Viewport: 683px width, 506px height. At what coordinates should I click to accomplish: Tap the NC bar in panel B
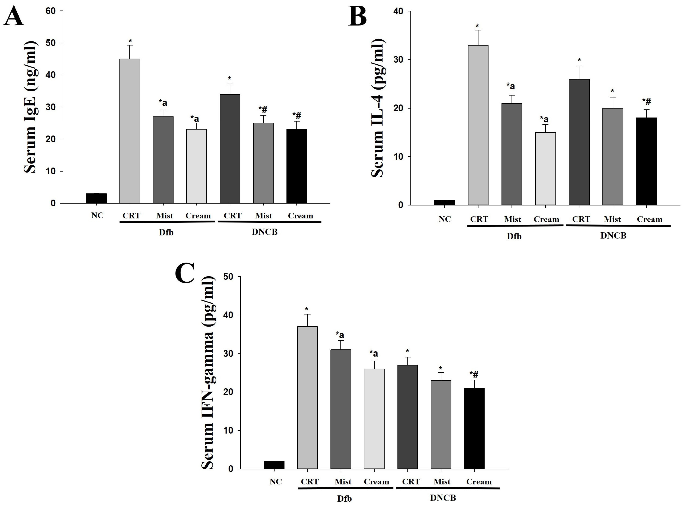(x=444, y=202)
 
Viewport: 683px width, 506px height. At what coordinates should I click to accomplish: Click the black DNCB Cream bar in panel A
(x=296, y=166)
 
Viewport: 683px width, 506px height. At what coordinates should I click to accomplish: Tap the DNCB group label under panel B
(x=613, y=235)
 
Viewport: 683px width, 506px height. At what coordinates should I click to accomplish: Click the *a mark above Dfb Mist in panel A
(x=163, y=103)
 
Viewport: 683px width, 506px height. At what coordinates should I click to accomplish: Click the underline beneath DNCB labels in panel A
(x=269, y=222)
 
